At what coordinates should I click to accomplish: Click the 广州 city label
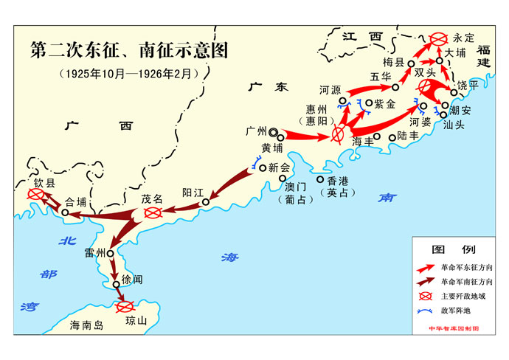pos(256,132)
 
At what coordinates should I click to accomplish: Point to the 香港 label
pos(336,181)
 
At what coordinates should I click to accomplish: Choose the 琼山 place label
pos(136,319)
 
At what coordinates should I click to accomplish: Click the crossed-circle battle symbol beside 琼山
pos(124,305)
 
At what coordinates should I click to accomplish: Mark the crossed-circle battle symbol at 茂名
pos(153,213)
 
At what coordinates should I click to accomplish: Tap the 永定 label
pos(465,37)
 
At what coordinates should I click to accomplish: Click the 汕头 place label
pos(462,124)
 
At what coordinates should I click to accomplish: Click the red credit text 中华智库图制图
pos(454,328)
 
